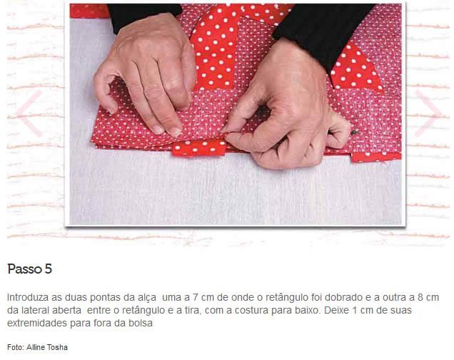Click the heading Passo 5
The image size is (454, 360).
29,269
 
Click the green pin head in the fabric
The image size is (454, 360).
353,133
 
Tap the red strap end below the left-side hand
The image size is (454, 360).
199,147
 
